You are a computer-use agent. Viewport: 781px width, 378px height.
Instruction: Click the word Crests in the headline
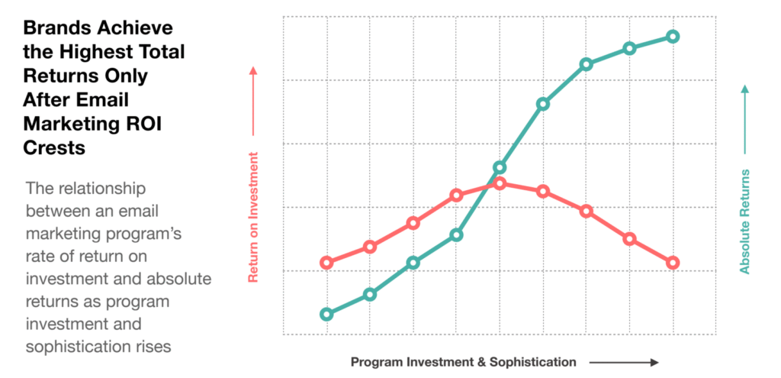click(x=54, y=148)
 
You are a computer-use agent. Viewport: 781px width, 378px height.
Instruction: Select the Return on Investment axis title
click(x=254, y=218)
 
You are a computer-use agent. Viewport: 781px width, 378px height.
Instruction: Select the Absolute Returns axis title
click(x=745, y=221)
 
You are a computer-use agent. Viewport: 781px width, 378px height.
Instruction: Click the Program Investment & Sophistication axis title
click(x=464, y=362)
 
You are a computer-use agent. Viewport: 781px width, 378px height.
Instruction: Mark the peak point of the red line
click(x=500, y=183)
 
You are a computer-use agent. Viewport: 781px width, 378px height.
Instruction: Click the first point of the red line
click(x=326, y=263)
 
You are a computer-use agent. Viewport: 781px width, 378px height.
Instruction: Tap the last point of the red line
click(x=673, y=263)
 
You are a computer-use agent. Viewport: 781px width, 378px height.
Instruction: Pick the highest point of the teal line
click(x=673, y=37)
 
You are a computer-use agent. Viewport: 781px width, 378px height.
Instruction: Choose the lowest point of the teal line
click(x=326, y=314)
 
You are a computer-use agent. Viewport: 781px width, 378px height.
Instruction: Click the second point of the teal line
click(x=370, y=294)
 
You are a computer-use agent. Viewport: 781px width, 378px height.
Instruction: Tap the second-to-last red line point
click(x=629, y=239)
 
